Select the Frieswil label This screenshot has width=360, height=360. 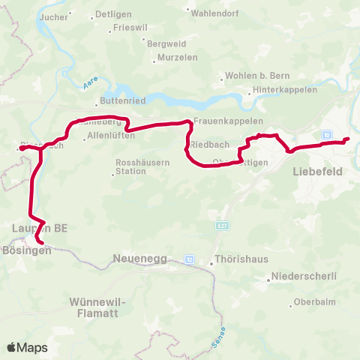pyautogui.click(x=129, y=27)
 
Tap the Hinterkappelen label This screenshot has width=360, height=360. pyautogui.click(x=284, y=90)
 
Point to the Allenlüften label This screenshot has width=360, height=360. pyautogui.click(x=111, y=136)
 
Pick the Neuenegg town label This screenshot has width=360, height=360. pyautogui.click(x=136, y=259)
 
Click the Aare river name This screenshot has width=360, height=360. pyautogui.click(x=89, y=88)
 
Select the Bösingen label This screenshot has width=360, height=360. pyautogui.click(x=26, y=250)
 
